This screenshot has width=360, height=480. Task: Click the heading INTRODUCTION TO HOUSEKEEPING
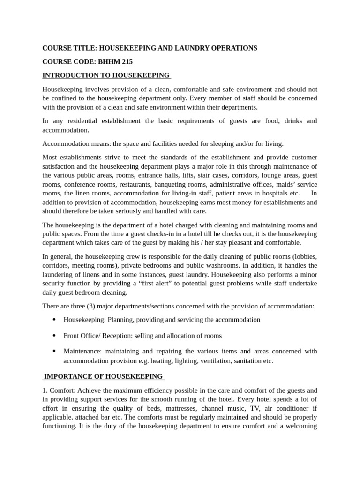tap(106, 75)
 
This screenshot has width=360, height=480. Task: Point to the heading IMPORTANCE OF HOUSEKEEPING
tap(103, 376)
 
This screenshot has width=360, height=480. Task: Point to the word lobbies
tap(305, 256)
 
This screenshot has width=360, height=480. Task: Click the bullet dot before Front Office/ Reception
tap(54, 336)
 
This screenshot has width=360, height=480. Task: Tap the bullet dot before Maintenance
tap(54, 351)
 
